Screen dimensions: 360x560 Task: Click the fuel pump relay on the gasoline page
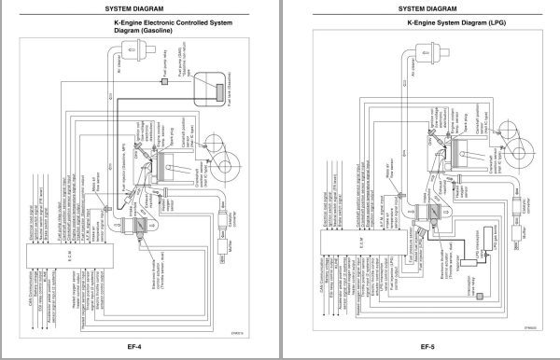point(165,83)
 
